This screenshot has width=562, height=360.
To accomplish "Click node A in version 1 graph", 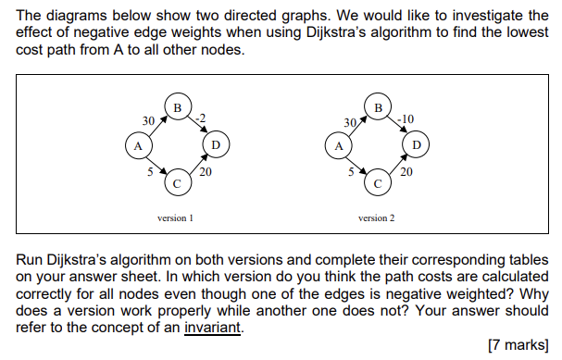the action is coord(139,146).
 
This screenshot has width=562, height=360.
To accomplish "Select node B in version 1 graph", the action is coord(177,107).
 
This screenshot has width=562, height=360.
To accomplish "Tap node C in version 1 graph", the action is coord(177,184).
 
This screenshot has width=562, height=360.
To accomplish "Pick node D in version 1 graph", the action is coord(216,146).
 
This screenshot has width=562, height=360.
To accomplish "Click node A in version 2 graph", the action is coord(339,146).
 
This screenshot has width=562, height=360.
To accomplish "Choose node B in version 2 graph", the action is coord(377,107).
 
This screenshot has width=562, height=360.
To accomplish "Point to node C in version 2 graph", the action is coord(377,184).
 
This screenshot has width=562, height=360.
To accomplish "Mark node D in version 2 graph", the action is coord(416,146).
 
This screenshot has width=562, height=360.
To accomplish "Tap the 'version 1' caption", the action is coord(176,219).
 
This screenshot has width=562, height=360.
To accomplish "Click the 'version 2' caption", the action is coord(376,219).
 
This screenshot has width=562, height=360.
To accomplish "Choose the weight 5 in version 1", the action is coord(150,170).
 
